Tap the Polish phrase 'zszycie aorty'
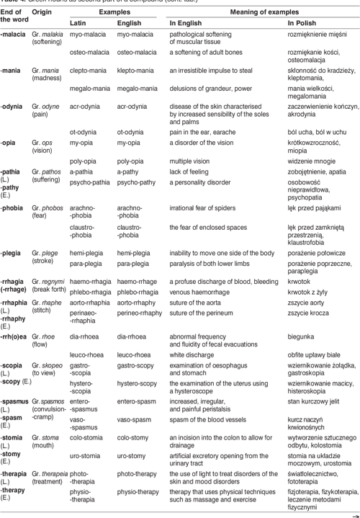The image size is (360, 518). pyautogui.click(x=304, y=304)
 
